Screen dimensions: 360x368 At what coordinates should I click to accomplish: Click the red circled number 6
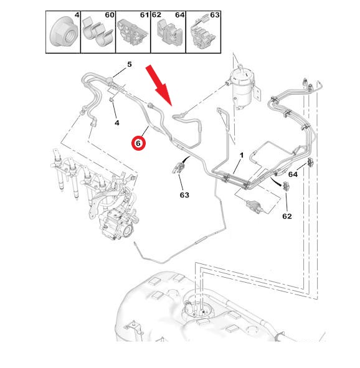[138, 143]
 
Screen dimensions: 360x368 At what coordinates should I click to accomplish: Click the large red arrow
[159, 85]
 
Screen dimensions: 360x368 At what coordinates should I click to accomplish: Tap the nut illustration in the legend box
[64, 32]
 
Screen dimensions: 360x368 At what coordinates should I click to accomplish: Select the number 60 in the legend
[110, 15]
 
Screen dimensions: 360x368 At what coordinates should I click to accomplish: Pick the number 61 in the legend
[144, 15]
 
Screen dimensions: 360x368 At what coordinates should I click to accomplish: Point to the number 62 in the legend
[156, 15]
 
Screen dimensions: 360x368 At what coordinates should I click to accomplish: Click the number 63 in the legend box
[215, 15]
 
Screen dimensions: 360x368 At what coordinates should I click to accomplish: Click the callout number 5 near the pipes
[130, 64]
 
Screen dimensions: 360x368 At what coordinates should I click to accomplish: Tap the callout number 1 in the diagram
[242, 156]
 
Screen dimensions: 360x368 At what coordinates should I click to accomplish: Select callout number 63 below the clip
[184, 195]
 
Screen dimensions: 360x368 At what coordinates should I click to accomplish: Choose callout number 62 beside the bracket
[287, 216]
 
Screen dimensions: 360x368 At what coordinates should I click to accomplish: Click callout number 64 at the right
[293, 174]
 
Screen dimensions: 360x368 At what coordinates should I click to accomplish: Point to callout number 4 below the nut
[117, 123]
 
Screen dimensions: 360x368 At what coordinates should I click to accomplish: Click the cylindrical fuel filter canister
[243, 87]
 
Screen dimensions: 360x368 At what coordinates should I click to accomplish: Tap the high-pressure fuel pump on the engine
[116, 224]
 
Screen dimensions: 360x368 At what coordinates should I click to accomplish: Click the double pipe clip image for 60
[98, 32]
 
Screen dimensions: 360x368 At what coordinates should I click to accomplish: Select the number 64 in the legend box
[180, 15]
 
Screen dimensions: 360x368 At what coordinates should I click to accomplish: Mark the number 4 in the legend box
[77, 15]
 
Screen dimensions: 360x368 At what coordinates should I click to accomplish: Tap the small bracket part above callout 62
[286, 186]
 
